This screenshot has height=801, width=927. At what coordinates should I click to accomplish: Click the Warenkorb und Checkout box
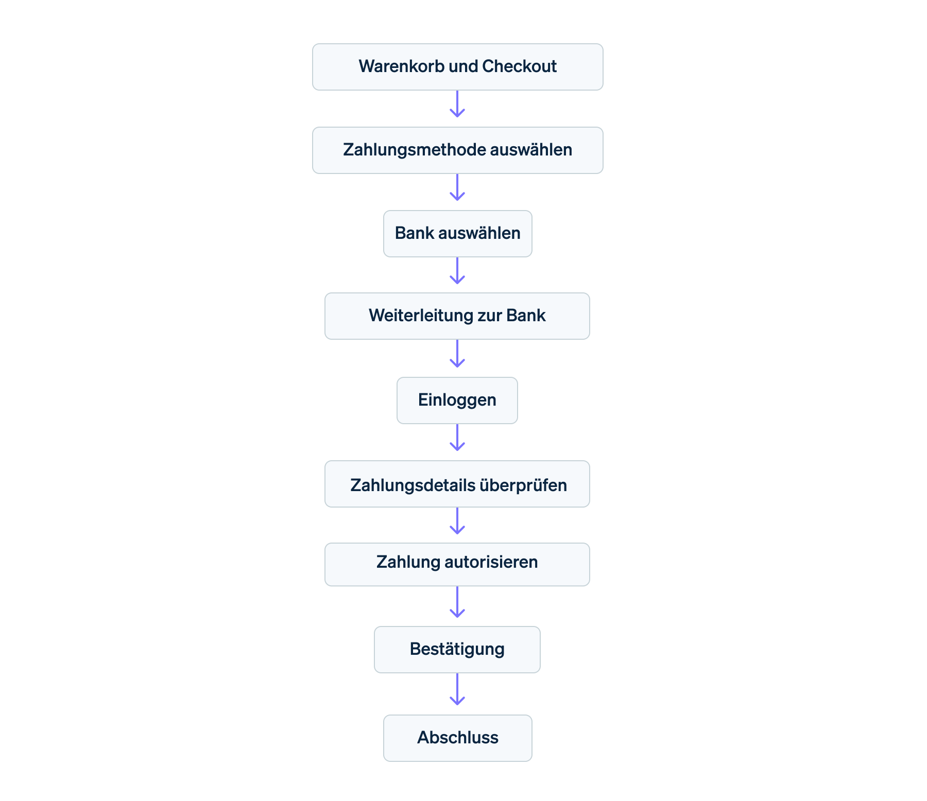tap(457, 67)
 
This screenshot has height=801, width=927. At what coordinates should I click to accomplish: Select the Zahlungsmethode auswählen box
tap(457, 150)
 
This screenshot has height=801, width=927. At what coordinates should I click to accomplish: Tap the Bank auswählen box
tap(457, 234)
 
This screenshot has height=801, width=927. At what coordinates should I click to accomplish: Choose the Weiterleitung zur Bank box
tap(457, 316)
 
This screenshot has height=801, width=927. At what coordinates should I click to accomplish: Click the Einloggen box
tap(457, 400)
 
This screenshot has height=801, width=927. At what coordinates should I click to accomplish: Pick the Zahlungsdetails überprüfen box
tap(457, 484)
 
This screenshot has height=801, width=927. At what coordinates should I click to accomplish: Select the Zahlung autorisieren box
tap(457, 564)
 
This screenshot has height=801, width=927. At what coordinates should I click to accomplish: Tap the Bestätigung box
tap(457, 650)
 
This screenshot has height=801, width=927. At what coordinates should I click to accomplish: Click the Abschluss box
tap(457, 738)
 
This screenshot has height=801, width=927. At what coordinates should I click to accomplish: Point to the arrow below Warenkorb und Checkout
tap(457, 105)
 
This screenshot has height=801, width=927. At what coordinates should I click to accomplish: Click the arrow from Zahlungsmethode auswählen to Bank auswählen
tap(457, 188)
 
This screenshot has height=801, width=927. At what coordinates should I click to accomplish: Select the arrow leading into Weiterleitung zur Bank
tap(457, 272)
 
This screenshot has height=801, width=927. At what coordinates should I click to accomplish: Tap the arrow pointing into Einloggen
tap(457, 355)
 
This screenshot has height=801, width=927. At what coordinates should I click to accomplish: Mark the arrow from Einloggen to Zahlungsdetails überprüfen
tap(457, 439)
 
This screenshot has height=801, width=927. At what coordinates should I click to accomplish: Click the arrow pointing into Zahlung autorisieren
tap(457, 522)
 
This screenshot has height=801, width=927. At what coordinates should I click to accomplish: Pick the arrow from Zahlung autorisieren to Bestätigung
tap(457, 603)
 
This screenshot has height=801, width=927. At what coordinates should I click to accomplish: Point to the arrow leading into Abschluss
tap(457, 691)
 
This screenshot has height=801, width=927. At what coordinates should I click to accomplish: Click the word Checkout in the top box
tap(519, 66)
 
